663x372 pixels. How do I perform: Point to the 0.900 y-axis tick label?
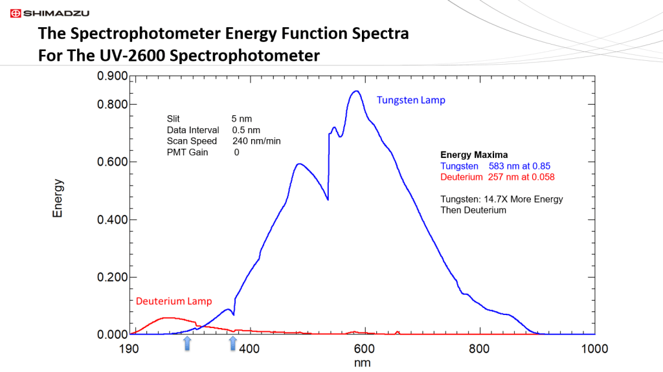(x=112, y=76)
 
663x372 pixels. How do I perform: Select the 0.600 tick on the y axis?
(x=112, y=162)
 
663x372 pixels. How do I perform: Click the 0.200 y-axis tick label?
(x=112, y=277)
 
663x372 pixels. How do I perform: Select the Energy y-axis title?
(x=58, y=198)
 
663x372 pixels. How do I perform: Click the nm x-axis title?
(x=363, y=363)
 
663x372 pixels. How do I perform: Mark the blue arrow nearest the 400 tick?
(x=233, y=344)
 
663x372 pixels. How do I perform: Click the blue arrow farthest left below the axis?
(x=187, y=344)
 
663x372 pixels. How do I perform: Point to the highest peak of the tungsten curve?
(x=355, y=91)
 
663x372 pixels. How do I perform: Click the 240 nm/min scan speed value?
(x=256, y=141)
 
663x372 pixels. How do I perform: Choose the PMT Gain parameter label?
(x=187, y=152)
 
